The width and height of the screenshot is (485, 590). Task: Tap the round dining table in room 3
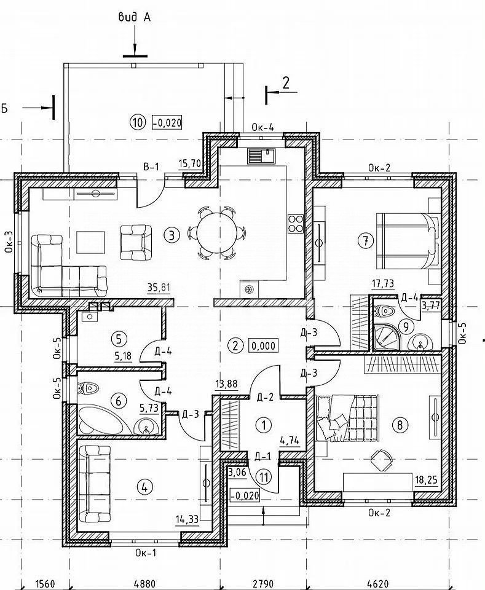tap(216, 232)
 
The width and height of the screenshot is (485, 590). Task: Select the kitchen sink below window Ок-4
tap(262, 155)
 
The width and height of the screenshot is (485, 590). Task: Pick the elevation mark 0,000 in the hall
tap(263, 345)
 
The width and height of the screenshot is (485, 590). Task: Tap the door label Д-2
tap(265, 397)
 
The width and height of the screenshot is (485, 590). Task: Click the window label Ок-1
tap(145, 553)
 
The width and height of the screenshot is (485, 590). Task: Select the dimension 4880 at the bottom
tap(145, 584)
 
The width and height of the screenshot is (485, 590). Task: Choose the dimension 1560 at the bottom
tap(45, 584)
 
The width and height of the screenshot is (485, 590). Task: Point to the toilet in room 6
tap(89, 388)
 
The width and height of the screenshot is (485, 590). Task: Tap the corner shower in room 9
tap(385, 336)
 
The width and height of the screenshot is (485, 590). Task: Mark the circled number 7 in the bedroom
tap(365, 240)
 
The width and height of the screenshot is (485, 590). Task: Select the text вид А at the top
tap(135, 17)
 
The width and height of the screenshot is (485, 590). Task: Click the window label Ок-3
tap(9, 241)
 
